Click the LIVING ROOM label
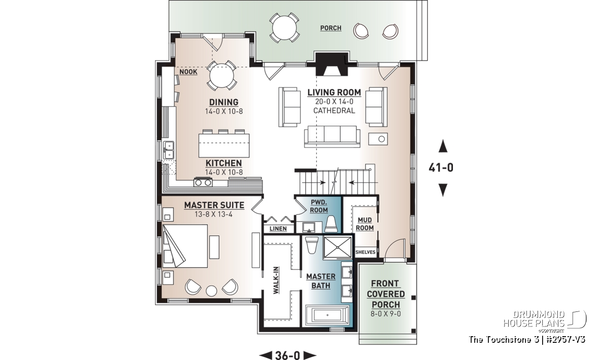coord(334,93)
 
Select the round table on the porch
coord(284,27)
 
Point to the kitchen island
coord(224,145)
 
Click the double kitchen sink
coord(168,150)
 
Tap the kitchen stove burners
coord(203,182)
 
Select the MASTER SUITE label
coord(214,205)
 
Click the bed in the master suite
coord(185,246)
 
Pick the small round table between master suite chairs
coord(211,291)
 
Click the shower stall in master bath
coord(337,248)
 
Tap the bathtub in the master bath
coord(327,315)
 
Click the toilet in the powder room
coord(330,224)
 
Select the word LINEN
coord(278,229)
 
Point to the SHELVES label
coord(365,252)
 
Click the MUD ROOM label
coord(365,224)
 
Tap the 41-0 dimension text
coord(441,168)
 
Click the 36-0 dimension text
coord(288,355)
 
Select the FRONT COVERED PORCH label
coord(386,294)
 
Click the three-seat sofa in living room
coord(332,137)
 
